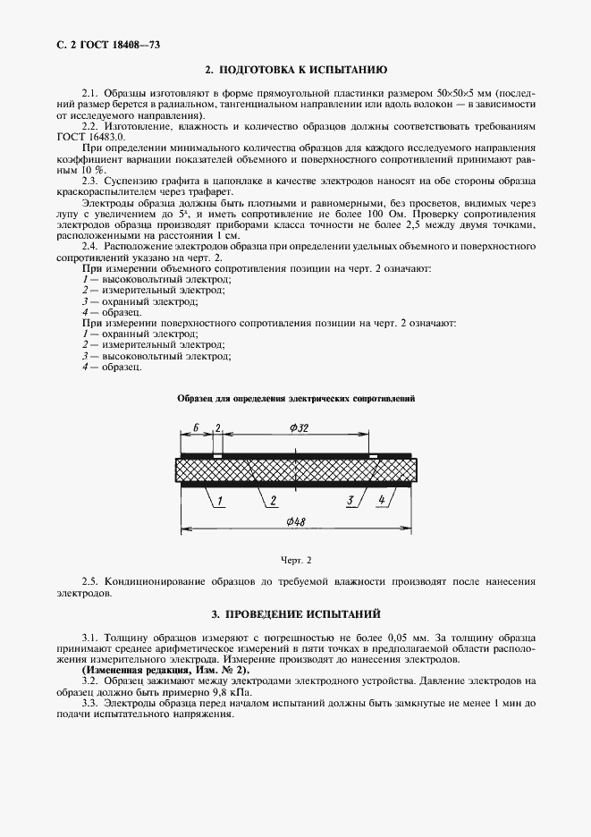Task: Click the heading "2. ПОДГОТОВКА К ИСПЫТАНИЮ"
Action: (x=295, y=70)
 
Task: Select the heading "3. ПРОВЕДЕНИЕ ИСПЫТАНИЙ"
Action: (x=296, y=615)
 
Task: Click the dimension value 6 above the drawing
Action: (x=195, y=428)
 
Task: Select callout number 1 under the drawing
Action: (x=219, y=500)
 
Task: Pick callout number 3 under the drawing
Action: (x=351, y=500)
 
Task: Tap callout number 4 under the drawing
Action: (x=382, y=500)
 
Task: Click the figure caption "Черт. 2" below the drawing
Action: (x=295, y=560)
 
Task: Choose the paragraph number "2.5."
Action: (x=90, y=581)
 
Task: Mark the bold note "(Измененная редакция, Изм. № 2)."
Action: (x=165, y=670)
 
